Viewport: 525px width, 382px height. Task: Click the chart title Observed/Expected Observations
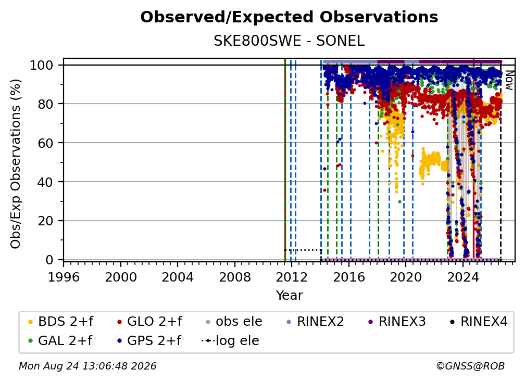[289, 17]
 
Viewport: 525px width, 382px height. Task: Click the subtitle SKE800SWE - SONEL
[289, 41]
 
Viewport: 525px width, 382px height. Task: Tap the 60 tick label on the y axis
[45, 143]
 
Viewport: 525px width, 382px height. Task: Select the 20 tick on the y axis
[45, 221]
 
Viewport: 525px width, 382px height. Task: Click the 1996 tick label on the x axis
[64, 277]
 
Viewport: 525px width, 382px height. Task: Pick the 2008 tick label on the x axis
[235, 277]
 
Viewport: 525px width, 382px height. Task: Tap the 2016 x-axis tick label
[349, 277]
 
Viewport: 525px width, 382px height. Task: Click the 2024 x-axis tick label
[463, 277]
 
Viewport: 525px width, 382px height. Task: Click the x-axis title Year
[289, 296]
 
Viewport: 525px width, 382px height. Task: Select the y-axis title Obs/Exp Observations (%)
[16, 164]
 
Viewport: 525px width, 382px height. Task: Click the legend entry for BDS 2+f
[60, 322]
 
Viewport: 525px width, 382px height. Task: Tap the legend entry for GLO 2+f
[149, 322]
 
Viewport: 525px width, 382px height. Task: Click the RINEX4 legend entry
[479, 322]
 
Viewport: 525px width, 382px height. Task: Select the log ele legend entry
[230, 341]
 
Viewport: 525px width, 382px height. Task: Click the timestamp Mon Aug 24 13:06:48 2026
[87, 366]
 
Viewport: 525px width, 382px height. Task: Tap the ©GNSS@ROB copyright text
[470, 366]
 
